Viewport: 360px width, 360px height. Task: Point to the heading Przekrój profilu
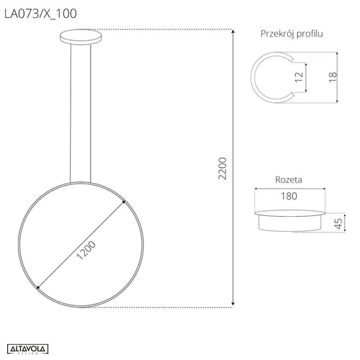292,34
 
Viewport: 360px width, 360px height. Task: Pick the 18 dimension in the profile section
332,78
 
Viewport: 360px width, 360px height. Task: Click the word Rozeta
288,179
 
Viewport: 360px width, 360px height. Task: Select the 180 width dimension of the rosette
289,196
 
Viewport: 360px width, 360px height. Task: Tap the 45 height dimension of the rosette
337,224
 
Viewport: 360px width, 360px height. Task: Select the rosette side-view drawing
289,220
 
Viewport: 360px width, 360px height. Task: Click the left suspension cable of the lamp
71,108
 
